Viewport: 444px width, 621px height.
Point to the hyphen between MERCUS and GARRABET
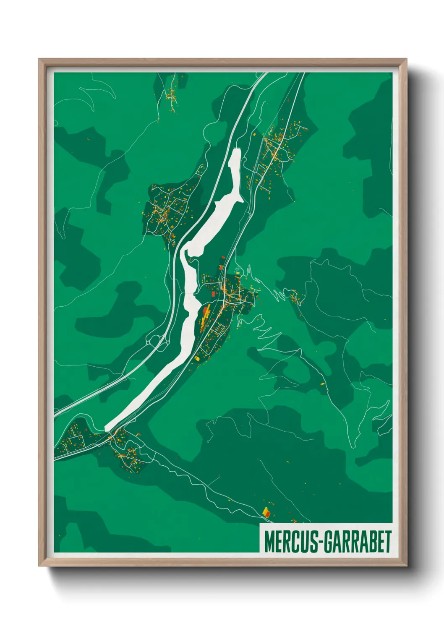pos(321,542)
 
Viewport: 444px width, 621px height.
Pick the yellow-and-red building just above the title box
pos(266,512)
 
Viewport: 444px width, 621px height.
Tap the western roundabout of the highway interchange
pos(151,340)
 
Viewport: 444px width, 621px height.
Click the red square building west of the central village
pos(213,294)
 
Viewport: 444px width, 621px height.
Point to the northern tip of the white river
pos(236,150)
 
